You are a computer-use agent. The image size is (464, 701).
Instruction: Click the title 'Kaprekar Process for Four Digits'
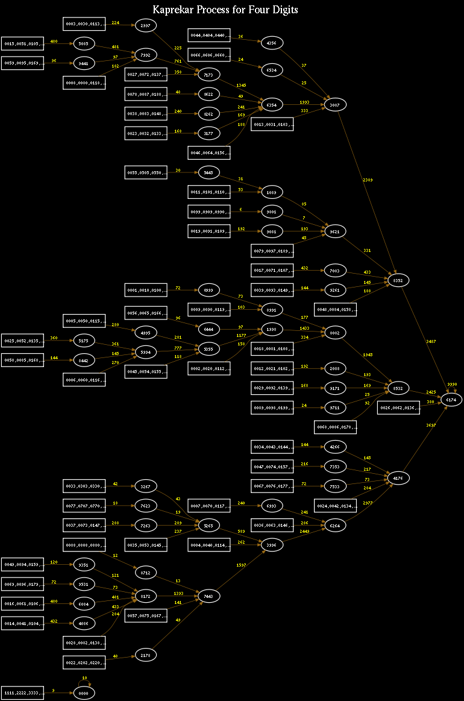[225, 10]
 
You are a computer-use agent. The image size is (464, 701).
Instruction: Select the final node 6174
[452, 399]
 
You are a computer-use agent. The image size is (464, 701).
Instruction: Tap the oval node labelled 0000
[84, 694]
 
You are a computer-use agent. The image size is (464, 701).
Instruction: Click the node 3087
[335, 105]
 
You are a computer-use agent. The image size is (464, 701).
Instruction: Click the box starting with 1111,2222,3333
[22, 693]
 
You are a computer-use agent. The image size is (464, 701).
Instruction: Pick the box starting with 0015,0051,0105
[22, 43]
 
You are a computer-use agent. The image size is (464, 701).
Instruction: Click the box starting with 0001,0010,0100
[145, 290]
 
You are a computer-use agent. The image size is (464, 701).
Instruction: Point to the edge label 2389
[368, 180]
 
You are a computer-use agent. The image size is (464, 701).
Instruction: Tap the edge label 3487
[430, 342]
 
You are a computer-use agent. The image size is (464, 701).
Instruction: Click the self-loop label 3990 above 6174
[452, 384]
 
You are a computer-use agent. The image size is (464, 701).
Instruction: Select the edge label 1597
[241, 565]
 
